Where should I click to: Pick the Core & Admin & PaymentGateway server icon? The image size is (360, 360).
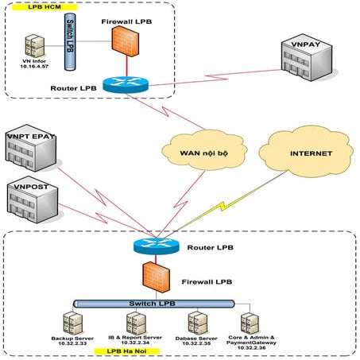[251, 322]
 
